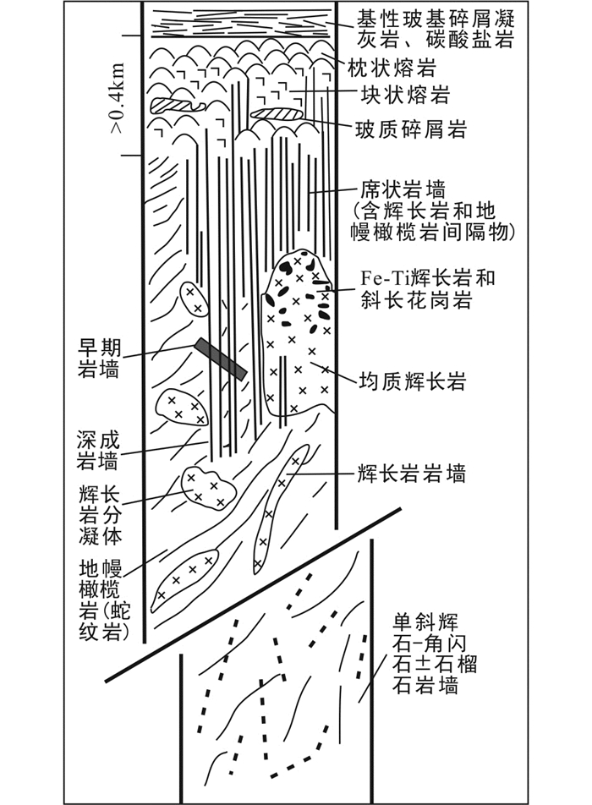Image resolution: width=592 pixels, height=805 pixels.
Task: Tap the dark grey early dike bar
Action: point(220,358)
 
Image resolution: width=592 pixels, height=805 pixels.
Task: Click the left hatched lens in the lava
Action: point(177,106)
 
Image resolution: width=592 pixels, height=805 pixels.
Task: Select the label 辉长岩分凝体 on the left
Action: point(99,513)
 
